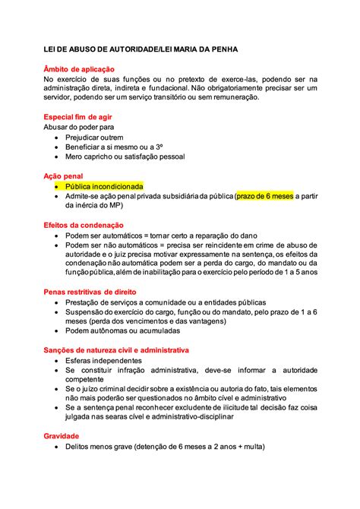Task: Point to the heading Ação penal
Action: click(x=63, y=175)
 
